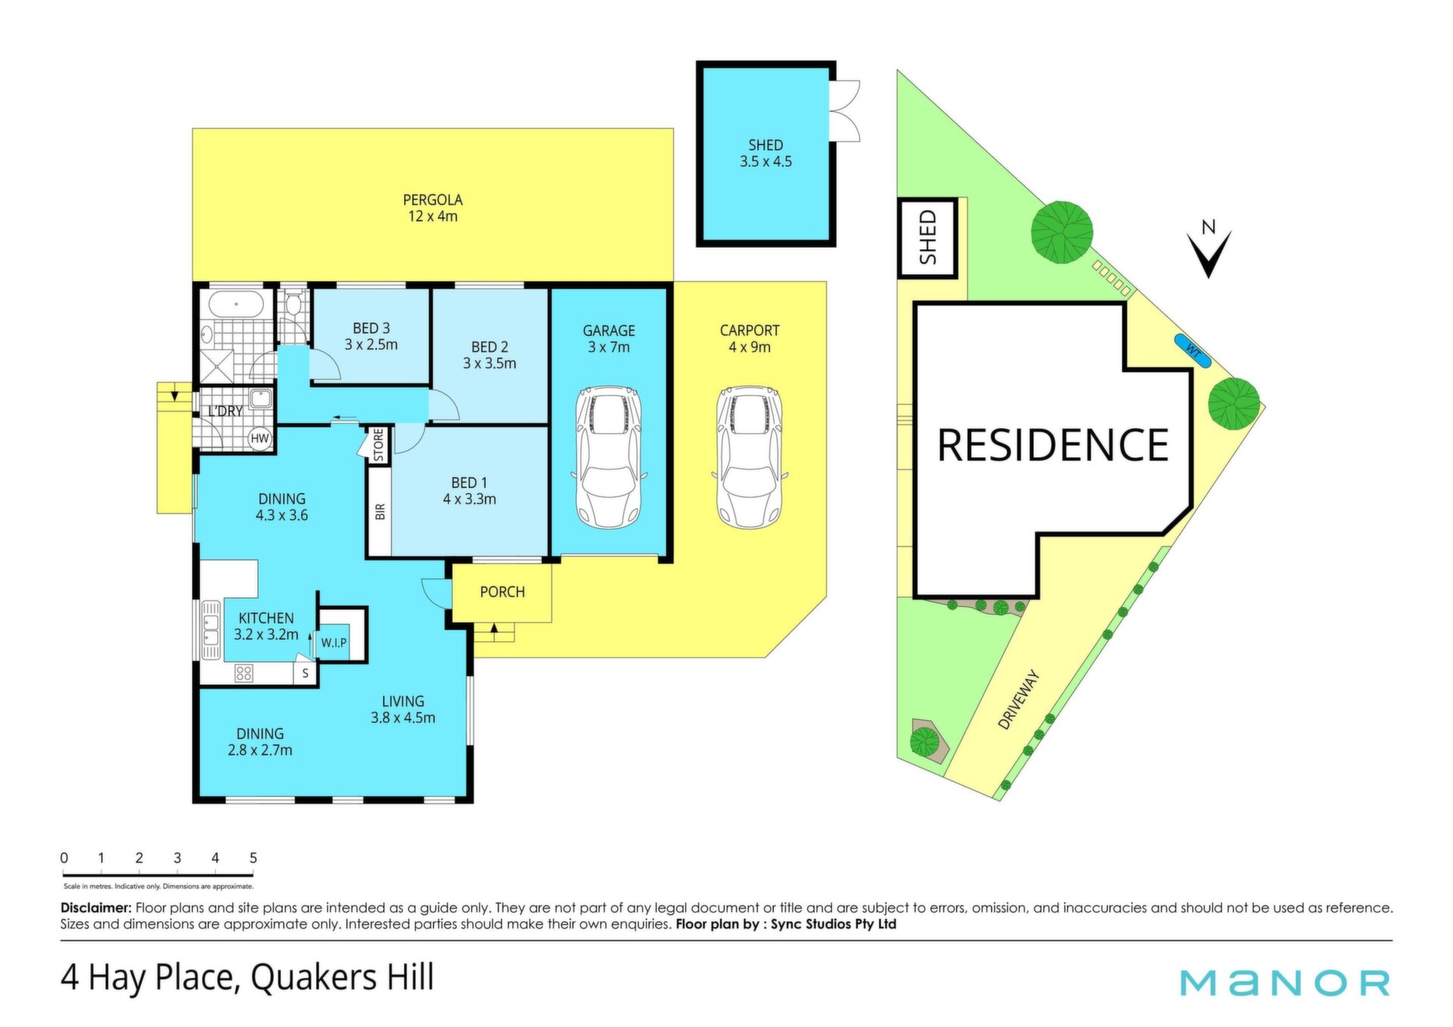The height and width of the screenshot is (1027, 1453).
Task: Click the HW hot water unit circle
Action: (260, 438)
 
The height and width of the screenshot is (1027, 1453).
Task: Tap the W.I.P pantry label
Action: (334, 643)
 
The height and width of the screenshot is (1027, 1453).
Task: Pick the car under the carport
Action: (749, 457)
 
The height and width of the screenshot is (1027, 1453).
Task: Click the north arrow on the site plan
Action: (1209, 254)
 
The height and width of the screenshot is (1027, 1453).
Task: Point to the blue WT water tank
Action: (1193, 350)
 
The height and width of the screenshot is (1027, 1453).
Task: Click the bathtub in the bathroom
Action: (236, 304)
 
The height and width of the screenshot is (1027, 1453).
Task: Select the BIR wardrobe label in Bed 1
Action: (380, 512)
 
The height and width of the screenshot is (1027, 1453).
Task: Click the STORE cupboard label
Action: (378, 445)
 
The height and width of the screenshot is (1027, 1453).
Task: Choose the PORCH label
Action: (502, 592)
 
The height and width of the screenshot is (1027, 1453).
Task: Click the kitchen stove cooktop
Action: (244, 673)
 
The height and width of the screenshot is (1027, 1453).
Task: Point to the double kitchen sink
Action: (210, 630)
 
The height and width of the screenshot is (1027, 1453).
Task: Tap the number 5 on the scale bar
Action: (254, 858)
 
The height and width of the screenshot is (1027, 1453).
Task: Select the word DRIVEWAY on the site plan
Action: (1019, 700)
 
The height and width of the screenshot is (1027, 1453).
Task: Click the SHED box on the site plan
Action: (928, 238)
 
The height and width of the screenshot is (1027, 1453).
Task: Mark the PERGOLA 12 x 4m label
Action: (433, 208)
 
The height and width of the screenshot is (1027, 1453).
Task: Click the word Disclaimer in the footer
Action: (96, 907)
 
